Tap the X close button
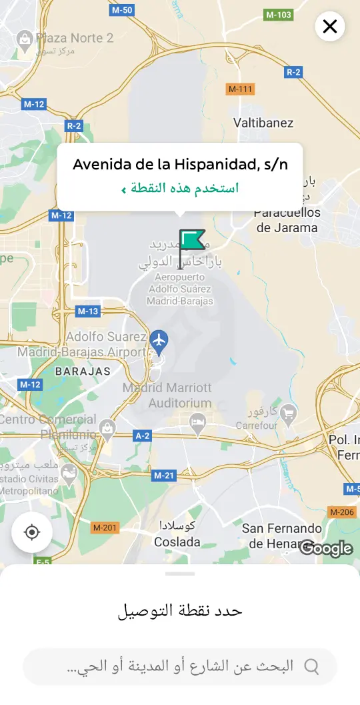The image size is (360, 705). pyautogui.click(x=329, y=27)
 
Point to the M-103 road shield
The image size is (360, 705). pyautogui.click(x=279, y=15)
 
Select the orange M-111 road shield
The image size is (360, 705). pyautogui.click(x=241, y=89)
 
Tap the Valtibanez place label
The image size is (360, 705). pyautogui.click(x=263, y=123)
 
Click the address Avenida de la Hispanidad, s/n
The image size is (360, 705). pyautogui.click(x=180, y=164)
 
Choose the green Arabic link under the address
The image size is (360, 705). pyautogui.click(x=180, y=188)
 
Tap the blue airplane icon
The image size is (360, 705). pyautogui.click(x=159, y=339)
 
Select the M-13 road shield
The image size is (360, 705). pyautogui.click(x=88, y=311)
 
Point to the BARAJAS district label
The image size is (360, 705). pyautogui.click(x=83, y=371)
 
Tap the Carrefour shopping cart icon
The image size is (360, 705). pyautogui.click(x=289, y=414)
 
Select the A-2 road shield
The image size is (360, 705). pyautogui.click(x=143, y=436)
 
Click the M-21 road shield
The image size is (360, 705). pyautogui.click(x=163, y=476)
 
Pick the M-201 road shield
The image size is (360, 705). pyautogui.click(x=105, y=528)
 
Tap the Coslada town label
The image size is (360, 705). pyautogui.click(x=177, y=542)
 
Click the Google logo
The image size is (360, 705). pyautogui.click(x=326, y=548)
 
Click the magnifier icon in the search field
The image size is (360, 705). pyautogui.click(x=311, y=666)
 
